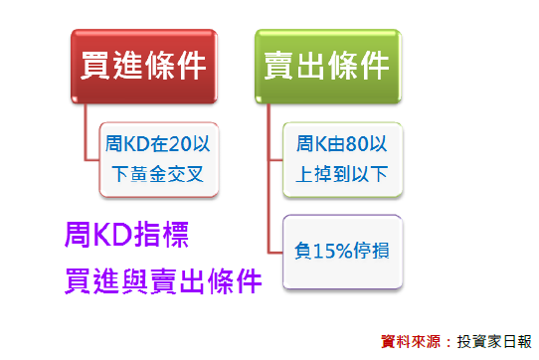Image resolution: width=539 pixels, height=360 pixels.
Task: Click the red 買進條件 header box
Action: point(143,67)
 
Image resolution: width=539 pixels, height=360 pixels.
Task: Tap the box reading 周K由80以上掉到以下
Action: point(342,160)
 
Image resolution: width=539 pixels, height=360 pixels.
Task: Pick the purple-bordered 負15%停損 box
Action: point(342,252)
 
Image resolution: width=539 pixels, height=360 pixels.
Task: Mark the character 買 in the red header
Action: point(96,67)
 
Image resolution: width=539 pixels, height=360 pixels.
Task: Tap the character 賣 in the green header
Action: point(280,67)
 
